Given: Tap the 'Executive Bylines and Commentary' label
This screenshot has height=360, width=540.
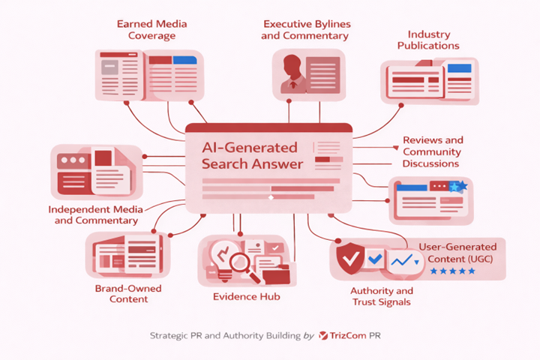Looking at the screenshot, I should pyautogui.click(x=305, y=29).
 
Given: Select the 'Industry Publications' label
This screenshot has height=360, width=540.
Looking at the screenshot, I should pyautogui.click(x=433, y=40).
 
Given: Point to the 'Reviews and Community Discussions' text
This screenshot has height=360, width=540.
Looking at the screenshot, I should pyautogui.click(x=433, y=151).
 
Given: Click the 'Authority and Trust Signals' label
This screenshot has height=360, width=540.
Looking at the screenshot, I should pyautogui.click(x=382, y=296).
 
